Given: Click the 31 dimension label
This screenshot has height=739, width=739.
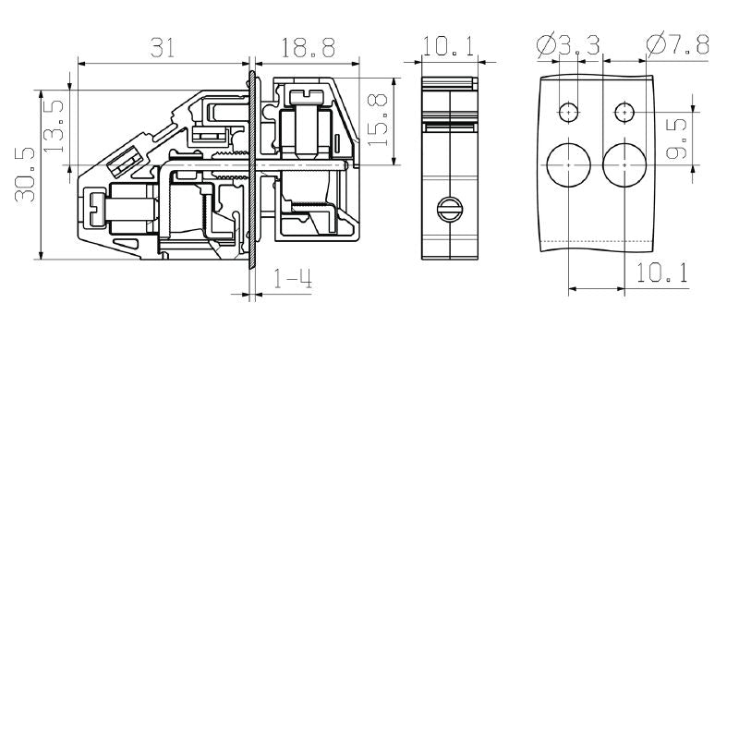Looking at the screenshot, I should point(163,47).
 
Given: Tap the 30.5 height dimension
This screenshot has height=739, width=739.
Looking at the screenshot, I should point(25,175).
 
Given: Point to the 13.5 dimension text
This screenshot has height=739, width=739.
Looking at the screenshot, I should point(55,127).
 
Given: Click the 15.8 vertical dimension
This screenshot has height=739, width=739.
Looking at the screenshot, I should point(377,115).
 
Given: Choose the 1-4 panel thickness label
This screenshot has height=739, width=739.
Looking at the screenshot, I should point(294,280).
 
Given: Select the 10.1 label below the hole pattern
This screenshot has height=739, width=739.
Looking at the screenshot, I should point(661,273).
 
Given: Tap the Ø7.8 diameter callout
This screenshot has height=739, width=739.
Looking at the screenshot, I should point(677,44).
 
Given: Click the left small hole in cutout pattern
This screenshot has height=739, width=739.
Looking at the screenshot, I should point(569,113).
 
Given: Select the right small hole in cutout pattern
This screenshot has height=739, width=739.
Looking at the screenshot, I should point(625,113).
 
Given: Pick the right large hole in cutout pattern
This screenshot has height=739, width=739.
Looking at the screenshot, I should point(624,165).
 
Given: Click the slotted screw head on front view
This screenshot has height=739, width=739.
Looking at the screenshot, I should point(450,211).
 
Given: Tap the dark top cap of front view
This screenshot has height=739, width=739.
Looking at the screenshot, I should point(449,83).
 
